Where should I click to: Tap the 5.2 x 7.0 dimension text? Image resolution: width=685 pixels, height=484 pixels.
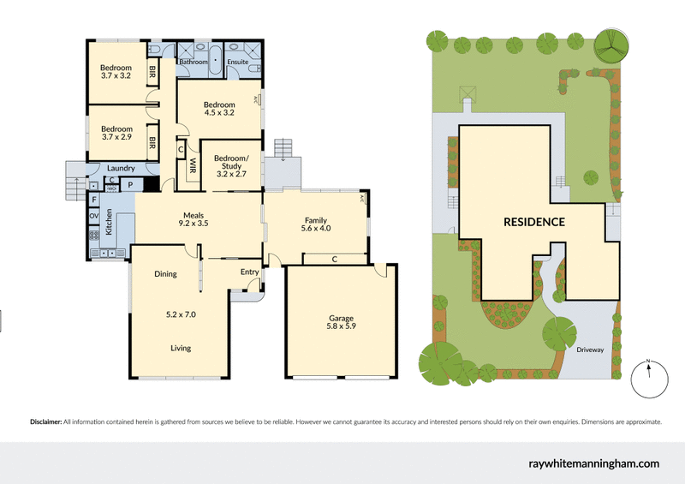181,314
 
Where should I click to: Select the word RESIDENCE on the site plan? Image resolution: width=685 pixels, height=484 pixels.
533,222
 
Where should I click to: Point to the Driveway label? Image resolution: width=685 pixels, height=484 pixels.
590,350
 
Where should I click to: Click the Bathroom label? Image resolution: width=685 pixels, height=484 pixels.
194,62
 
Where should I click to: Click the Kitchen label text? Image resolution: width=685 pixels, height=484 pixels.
109,221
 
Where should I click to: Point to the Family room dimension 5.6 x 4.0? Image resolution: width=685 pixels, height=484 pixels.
316,228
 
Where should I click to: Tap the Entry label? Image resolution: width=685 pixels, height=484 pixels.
249,272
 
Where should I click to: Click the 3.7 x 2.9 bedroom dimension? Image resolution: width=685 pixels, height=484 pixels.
116,136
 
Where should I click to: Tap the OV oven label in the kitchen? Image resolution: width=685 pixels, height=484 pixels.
93,216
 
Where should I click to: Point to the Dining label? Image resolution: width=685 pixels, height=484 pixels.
165,274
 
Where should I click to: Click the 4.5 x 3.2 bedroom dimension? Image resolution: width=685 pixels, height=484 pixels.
219,112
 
